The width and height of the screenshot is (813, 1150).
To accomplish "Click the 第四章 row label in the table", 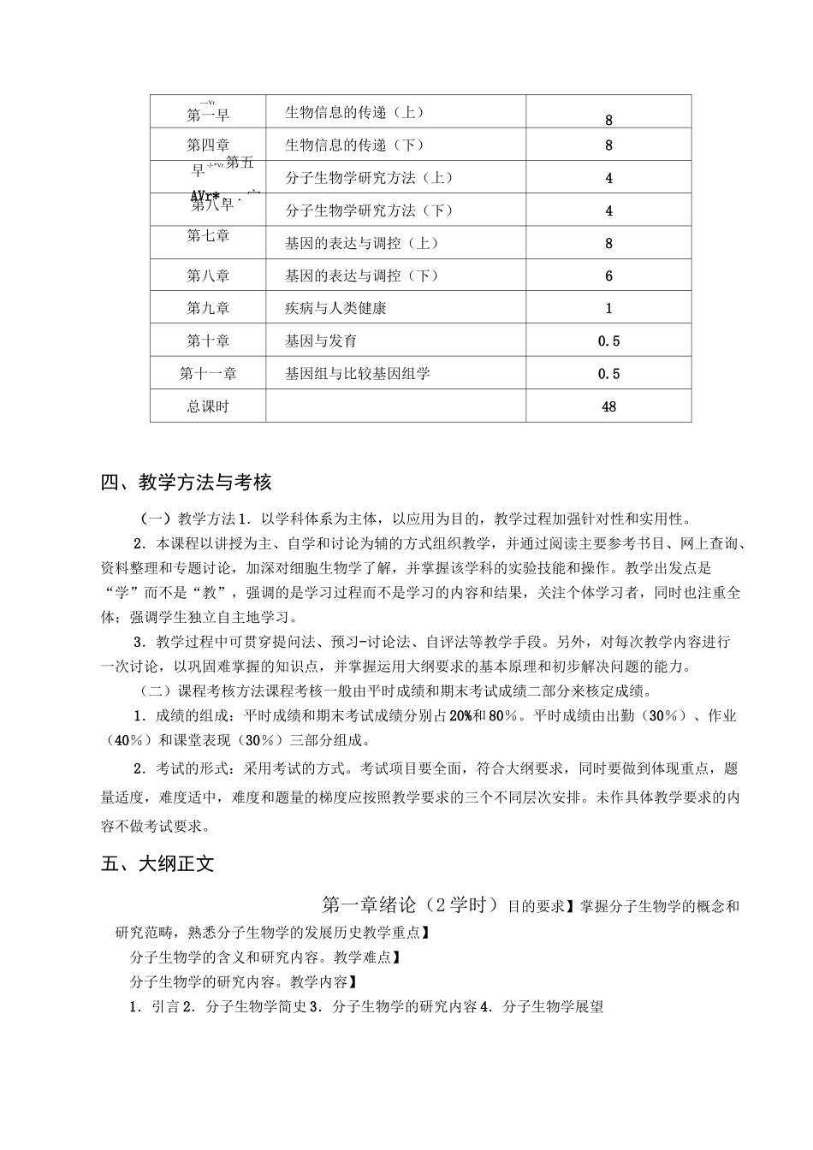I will tap(208, 145).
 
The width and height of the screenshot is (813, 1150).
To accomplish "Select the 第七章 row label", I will tap(208, 235).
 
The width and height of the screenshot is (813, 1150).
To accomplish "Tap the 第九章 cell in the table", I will tap(208, 308).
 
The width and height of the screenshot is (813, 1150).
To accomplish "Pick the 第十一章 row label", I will tap(208, 374).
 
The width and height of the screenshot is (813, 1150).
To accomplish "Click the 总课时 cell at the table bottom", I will tap(208, 406).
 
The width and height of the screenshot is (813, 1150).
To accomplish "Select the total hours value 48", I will tap(608, 407).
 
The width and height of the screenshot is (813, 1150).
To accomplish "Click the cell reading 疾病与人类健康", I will tap(335, 308).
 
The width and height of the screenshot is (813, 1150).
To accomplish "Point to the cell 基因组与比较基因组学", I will tap(358, 374).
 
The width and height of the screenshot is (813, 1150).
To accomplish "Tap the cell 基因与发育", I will tap(321, 341).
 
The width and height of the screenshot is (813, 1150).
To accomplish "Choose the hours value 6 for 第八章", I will tap(608, 276).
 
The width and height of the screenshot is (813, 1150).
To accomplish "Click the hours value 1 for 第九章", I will tap(608, 309).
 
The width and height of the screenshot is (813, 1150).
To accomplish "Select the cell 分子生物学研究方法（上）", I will tap(369, 178).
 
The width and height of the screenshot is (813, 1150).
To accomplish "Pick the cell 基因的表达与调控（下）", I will tap(362, 276).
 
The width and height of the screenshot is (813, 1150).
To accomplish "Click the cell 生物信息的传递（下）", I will tap(354, 145).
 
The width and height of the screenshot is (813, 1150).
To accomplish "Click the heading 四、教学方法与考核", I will tap(186, 483).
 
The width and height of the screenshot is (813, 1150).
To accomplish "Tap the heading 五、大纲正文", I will tap(157, 864).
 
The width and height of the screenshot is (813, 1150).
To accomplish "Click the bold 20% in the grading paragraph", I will tap(460, 716).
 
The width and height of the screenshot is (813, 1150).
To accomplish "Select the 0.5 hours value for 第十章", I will tap(608, 341).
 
